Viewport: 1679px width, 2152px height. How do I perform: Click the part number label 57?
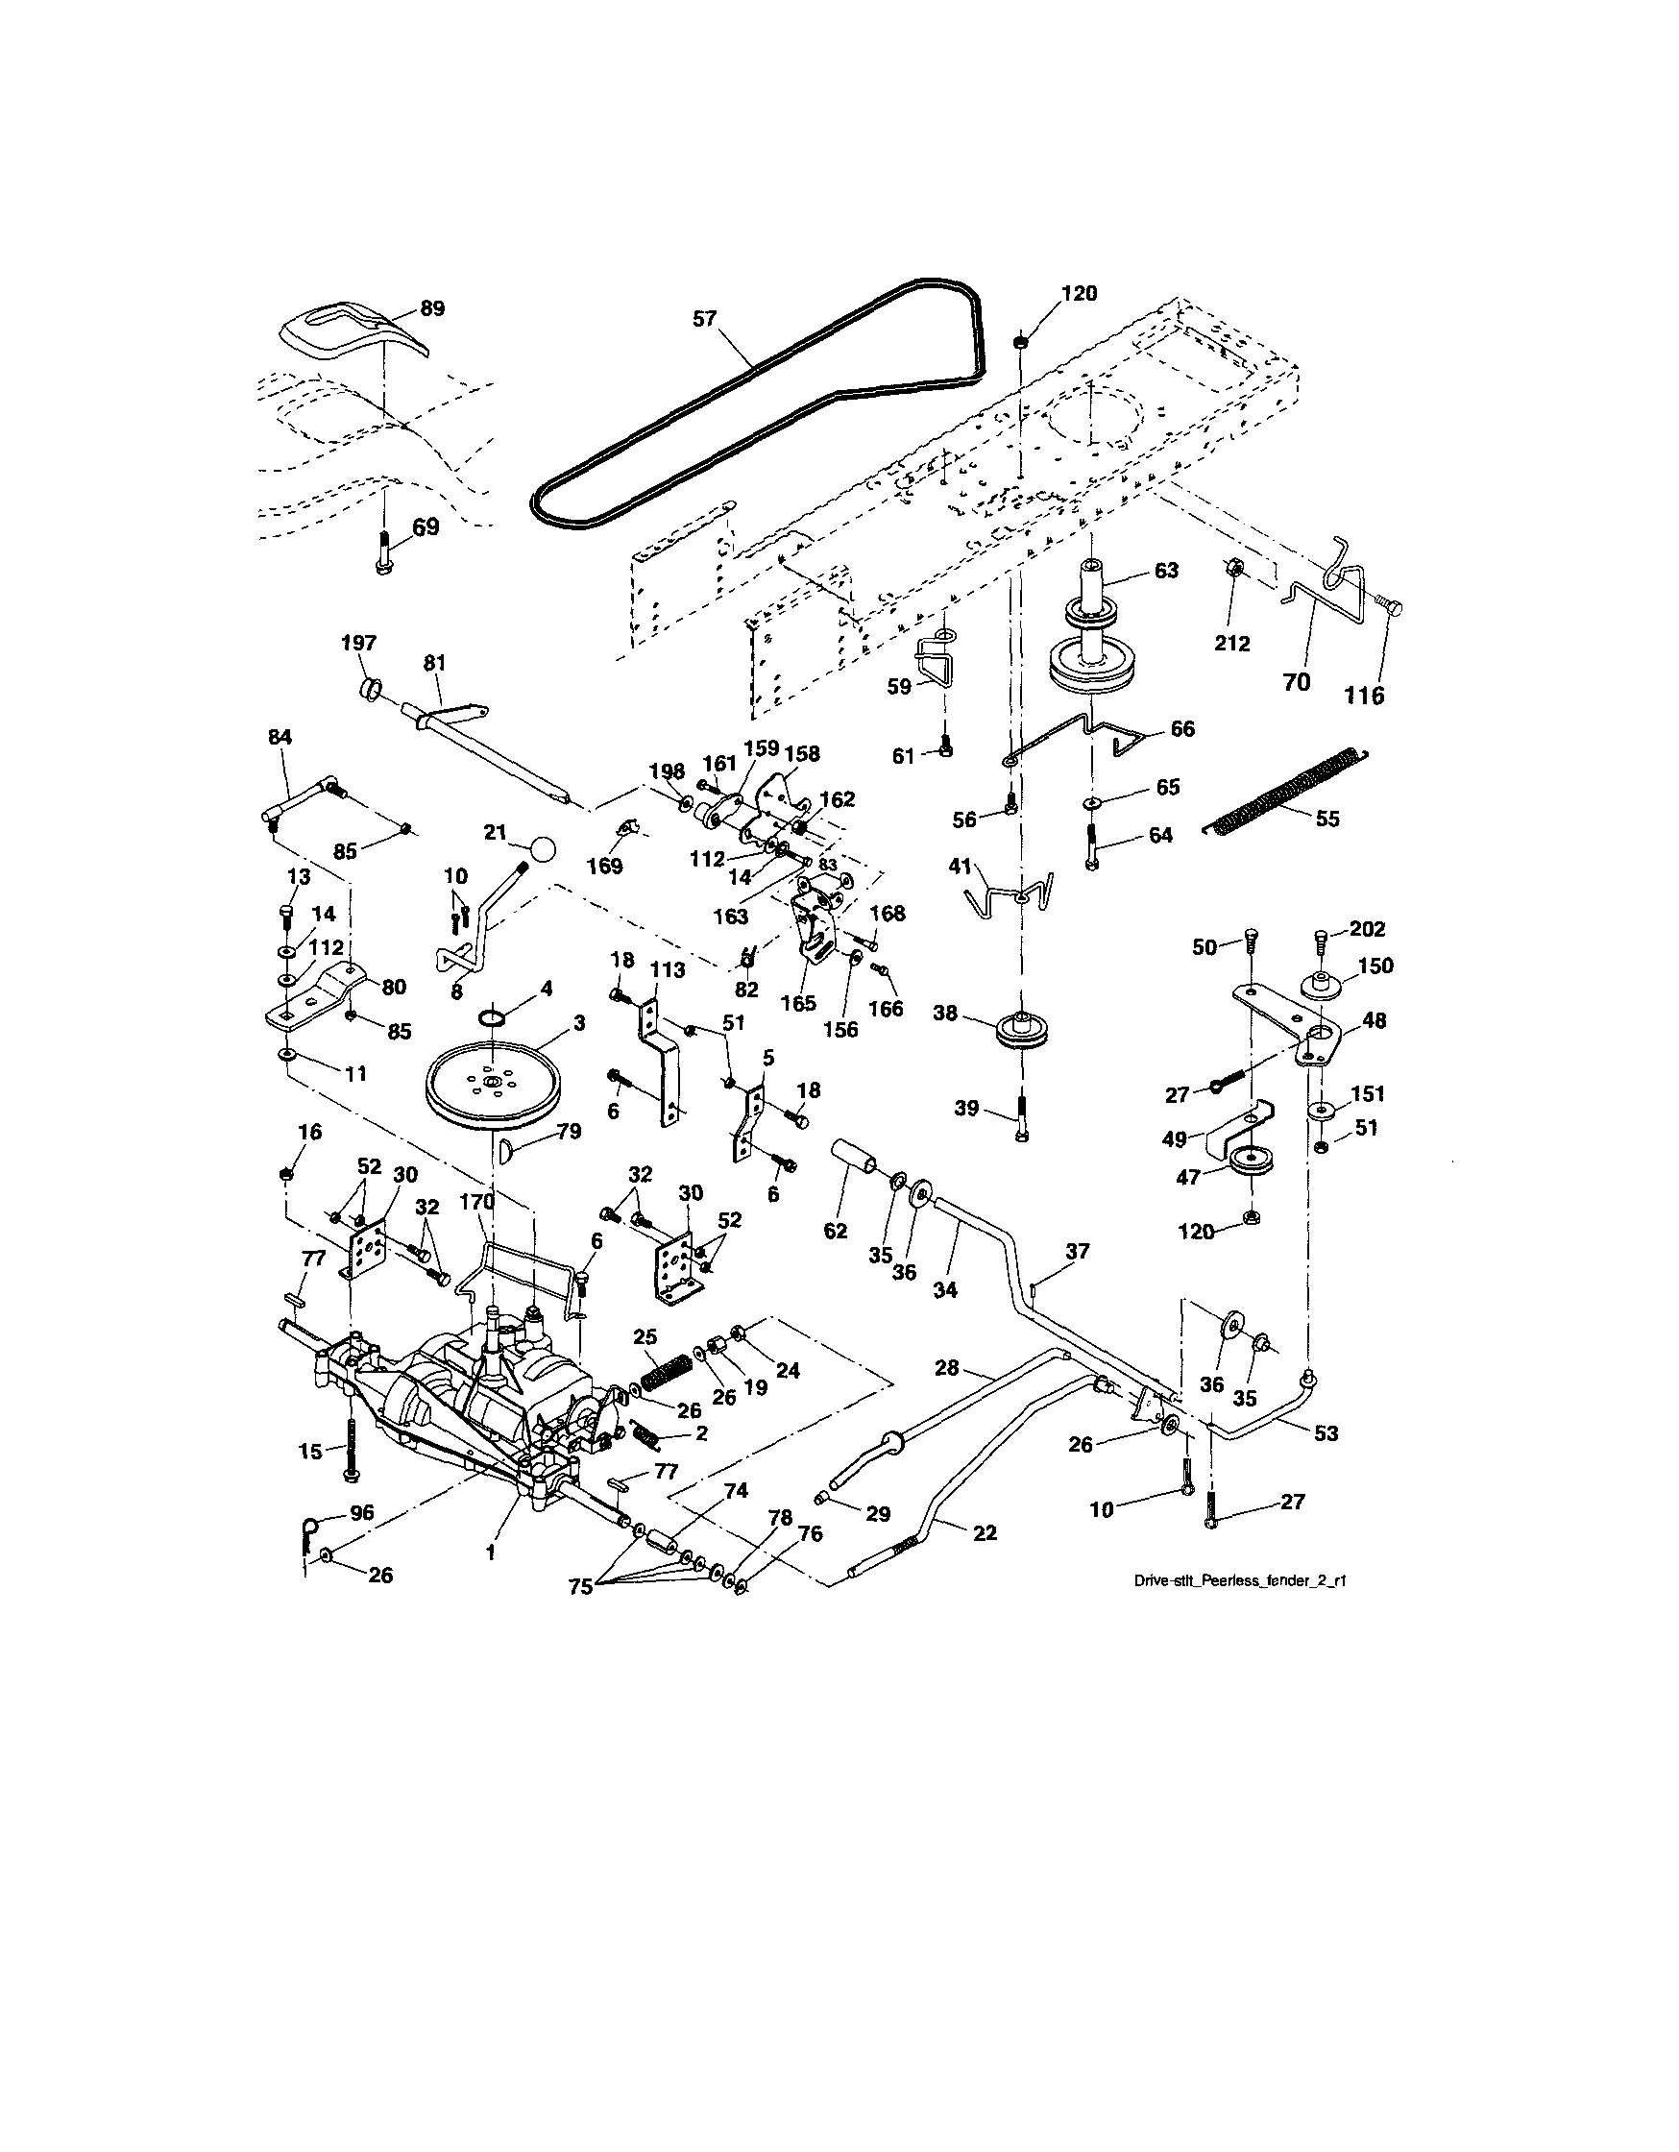704,319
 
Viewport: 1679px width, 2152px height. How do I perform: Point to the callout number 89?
431,308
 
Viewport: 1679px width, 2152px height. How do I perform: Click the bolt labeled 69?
384,547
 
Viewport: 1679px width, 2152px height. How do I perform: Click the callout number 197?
358,643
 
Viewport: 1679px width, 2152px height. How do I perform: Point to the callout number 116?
1364,697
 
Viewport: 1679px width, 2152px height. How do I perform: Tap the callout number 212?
1231,644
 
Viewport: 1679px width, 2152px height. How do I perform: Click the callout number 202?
1367,928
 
